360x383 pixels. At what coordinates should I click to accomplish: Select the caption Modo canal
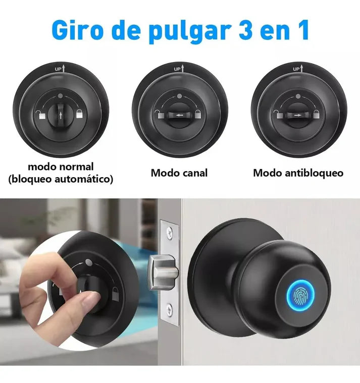click(x=179, y=173)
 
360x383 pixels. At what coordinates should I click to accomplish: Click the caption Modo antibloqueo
click(x=298, y=173)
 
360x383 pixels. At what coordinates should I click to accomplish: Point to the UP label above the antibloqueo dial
click(x=297, y=68)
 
